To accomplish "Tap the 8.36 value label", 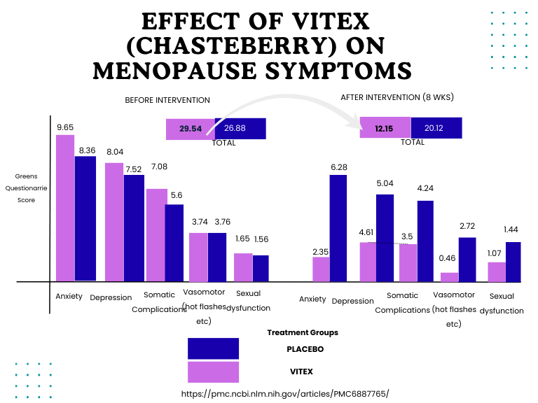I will click(87, 150).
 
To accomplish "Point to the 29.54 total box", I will click(191, 129).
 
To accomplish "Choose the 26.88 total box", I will click(240, 129).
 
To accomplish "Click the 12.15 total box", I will click(384, 127).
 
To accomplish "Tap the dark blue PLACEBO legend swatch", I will click(213, 348).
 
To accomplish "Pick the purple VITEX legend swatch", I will click(213, 372).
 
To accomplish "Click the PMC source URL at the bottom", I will click(284, 394).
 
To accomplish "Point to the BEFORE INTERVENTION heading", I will click(167, 100).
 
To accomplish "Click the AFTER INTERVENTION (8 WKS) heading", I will click(397, 97).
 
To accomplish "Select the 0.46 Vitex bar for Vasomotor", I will click(449, 277).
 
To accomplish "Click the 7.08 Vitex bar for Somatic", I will click(156, 235).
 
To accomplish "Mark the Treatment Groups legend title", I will click(303, 332).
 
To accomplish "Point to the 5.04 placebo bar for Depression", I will click(385, 238).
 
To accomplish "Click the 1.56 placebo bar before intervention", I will click(261, 268).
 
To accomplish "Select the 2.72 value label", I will click(467, 226).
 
